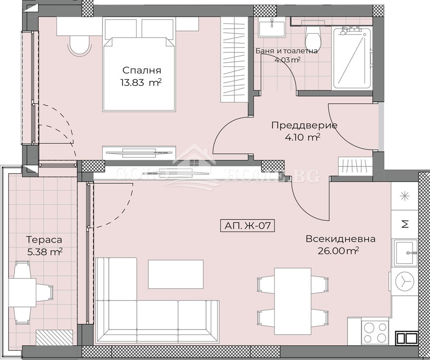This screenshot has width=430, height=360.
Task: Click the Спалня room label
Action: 141,71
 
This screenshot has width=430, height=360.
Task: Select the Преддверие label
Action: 304,125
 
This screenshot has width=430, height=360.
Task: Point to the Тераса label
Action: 44,239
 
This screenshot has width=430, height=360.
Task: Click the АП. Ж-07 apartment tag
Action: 248,226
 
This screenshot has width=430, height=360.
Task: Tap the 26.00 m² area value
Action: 338,251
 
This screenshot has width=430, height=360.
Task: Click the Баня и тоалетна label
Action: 286,51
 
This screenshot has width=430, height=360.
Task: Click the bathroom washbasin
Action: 271,27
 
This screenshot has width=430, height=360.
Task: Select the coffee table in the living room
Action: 176,274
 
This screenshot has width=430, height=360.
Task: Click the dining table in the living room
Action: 293,301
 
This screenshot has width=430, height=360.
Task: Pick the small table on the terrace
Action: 22,292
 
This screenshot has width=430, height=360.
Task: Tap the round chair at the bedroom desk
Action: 80,46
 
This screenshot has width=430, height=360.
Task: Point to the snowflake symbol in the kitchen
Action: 405,196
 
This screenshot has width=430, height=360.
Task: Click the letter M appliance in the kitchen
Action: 405,224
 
